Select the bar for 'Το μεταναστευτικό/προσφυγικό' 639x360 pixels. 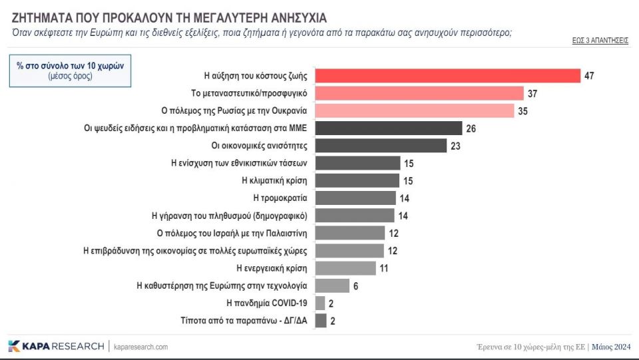[x=419, y=93]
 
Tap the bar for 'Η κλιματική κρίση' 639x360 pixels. [x=356, y=180]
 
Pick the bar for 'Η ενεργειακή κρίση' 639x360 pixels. [x=345, y=268]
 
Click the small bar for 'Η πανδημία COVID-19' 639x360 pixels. [x=319, y=303]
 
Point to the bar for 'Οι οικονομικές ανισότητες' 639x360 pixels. [x=379, y=146]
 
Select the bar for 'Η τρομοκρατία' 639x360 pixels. [x=355, y=198]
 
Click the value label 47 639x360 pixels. [x=589, y=76]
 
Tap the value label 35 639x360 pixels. [x=523, y=111]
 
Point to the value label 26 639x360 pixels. [x=471, y=128]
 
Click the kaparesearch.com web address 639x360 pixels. [x=141, y=347]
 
